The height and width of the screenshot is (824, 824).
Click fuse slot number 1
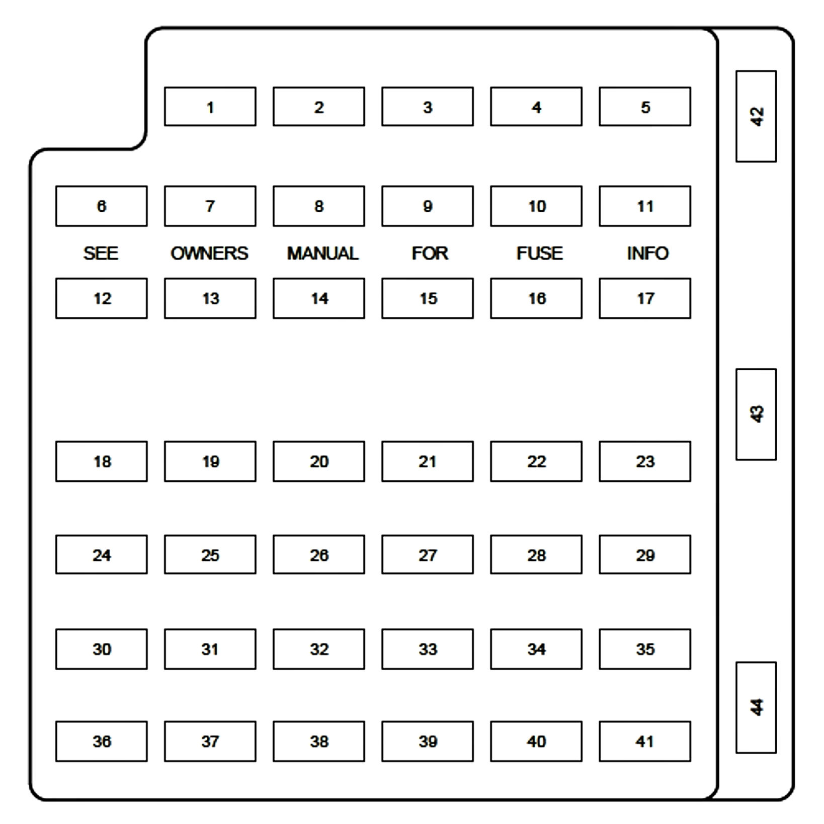click(210, 107)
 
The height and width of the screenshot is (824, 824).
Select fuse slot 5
click(644, 107)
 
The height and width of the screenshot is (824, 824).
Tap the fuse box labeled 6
click(101, 206)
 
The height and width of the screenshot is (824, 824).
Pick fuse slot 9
click(427, 206)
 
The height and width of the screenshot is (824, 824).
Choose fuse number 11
click(644, 206)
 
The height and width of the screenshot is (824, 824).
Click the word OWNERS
click(209, 253)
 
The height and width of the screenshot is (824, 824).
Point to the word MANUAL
click(322, 253)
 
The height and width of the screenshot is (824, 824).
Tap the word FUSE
click(539, 253)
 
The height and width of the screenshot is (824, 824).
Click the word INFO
click(647, 253)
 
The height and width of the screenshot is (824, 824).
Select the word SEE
click(101, 253)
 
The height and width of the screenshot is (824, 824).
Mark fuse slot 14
click(318, 298)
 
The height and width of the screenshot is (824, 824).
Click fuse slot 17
click(644, 298)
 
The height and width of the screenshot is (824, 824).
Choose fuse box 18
click(101, 461)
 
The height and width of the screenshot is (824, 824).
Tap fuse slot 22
click(536, 461)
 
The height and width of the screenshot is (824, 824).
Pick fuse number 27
click(427, 554)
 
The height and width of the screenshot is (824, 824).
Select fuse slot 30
click(101, 649)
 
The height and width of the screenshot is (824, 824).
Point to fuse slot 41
click(644, 741)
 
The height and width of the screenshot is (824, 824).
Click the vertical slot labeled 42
click(756, 116)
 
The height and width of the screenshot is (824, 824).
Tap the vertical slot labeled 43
click(756, 414)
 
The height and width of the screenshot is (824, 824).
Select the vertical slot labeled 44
click(756, 707)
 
